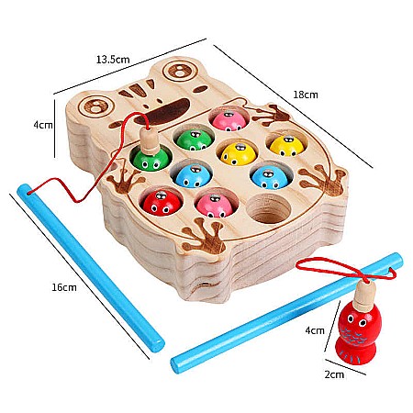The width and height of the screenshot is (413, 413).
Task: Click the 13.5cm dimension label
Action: pyautogui.click(x=113, y=59)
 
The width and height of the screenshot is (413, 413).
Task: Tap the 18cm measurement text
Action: pyautogui.click(x=306, y=95)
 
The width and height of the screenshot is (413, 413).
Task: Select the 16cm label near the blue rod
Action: pyautogui.click(x=63, y=287)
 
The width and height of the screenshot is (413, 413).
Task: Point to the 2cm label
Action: pyautogui.click(x=334, y=374)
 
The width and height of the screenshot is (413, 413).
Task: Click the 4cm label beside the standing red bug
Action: pyautogui.click(x=315, y=330)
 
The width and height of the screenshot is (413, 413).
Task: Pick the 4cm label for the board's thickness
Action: pyautogui.click(x=43, y=125)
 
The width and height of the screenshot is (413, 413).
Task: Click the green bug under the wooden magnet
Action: pyautogui.click(x=152, y=159)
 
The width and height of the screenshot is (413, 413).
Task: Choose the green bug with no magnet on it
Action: pyautogui.click(x=195, y=140)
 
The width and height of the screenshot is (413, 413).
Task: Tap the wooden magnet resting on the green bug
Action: pyautogui.click(x=150, y=140)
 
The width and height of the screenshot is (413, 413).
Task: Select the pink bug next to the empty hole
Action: pyautogui.click(x=215, y=206)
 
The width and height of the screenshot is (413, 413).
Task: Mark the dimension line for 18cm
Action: pyautogui.click(x=293, y=106)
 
